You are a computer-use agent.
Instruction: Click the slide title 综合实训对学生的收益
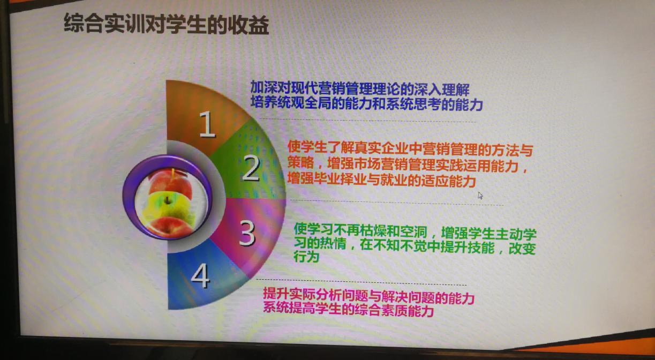[x=166, y=24]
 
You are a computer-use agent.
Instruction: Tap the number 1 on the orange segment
[x=207, y=124]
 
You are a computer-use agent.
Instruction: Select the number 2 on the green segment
[x=251, y=168]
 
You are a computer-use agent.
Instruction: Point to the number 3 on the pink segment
[x=247, y=232]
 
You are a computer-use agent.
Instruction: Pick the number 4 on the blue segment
[x=201, y=275]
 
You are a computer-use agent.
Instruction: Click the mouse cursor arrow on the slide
[x=480, y=196]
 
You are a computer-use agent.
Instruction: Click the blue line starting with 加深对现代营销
[x=360, y=88]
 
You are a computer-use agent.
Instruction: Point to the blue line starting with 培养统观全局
[x=367, y=103]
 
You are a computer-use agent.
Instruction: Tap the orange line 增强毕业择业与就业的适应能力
[x=382, y=179]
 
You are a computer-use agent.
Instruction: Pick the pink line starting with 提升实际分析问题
[x=368, y=297]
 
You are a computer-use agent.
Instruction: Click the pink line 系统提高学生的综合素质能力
[x=348, y=310]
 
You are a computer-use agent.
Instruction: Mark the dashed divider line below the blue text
[x=368, y=121]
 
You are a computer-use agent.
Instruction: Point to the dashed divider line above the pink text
[x=362, y=282]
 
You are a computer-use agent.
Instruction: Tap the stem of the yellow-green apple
[x=167, y=200]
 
